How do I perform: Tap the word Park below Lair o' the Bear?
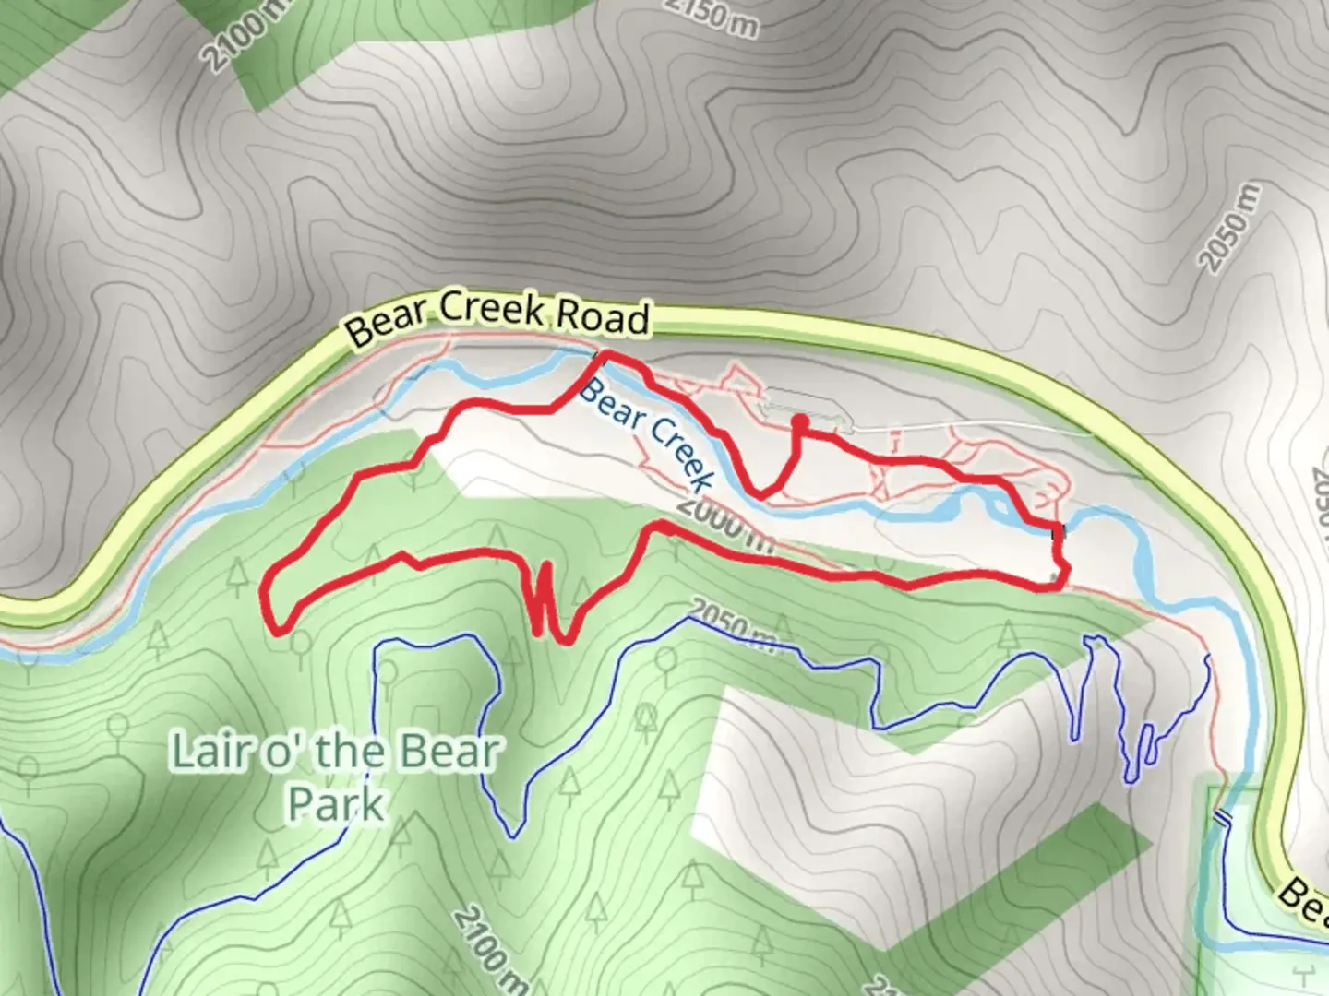coord(335,804)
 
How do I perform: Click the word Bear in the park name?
coord(449,753)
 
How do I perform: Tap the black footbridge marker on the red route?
coord(1062,530)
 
